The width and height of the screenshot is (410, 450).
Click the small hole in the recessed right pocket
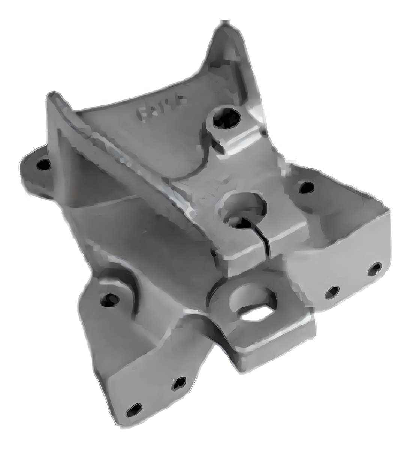306,187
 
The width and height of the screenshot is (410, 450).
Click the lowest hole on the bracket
134,410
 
